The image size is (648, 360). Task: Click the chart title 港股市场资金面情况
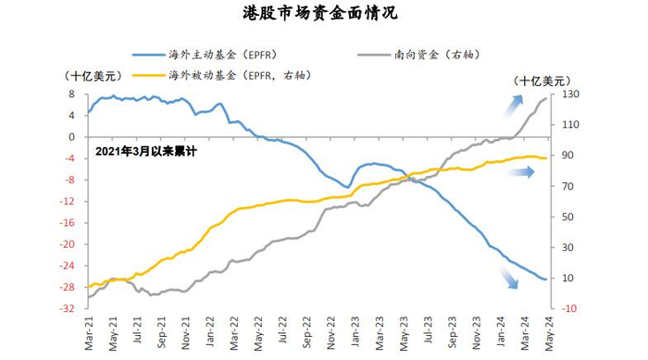(324, 13)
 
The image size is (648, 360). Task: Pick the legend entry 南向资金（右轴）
(440, 55)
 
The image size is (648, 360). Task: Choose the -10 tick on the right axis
(569, 308)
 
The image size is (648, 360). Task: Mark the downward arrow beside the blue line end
(510, 278)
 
